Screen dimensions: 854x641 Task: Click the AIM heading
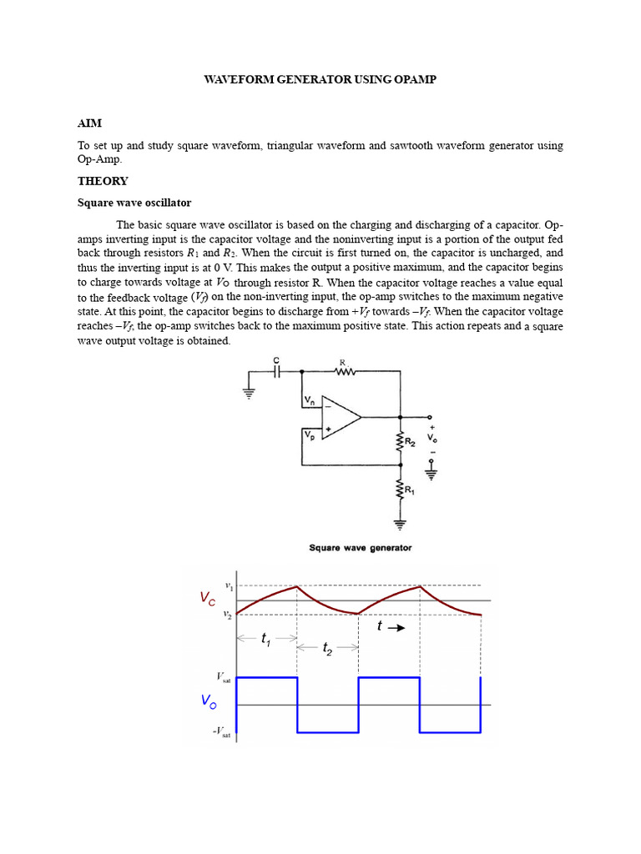coord(89,123)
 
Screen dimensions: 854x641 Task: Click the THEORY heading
coord(103,181)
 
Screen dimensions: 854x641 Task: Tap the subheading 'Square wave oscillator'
coord(134,203)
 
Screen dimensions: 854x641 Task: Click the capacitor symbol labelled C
coord(277,372)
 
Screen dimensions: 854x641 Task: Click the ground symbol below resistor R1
coord(401,525)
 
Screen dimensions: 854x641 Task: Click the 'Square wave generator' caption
coord(360,548)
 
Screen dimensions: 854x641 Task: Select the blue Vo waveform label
coord(208,702)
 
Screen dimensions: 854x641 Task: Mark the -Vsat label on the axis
coord(221,732)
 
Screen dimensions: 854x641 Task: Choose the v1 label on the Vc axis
coord(230,587)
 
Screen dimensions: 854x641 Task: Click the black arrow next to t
coord(397,628)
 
